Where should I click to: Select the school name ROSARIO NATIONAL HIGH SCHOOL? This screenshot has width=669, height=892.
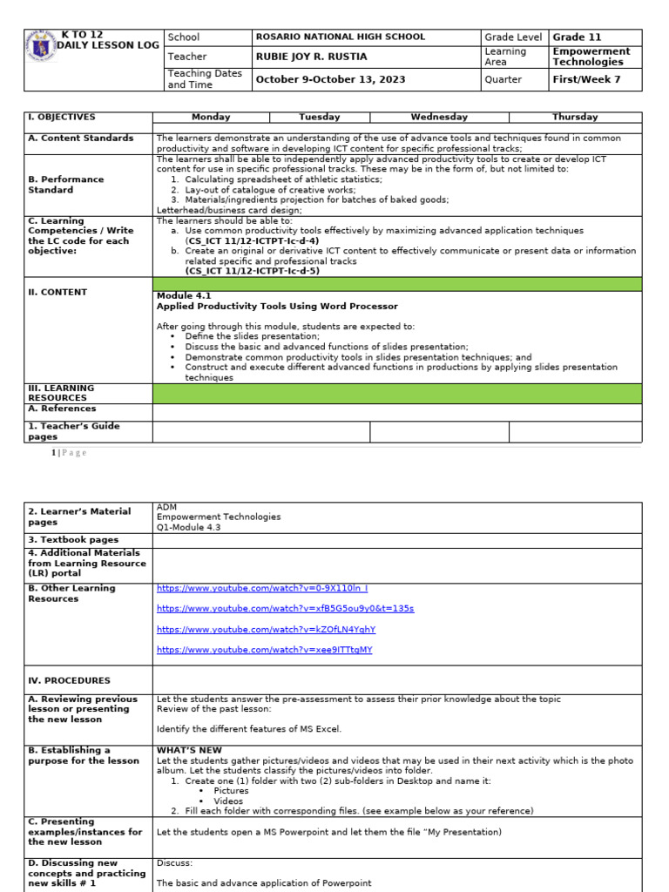click(x=341, y=37)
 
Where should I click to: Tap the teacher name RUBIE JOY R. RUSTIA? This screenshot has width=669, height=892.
click(x=311, y=57)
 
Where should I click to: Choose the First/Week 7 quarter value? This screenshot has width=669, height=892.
click(x=582, y=79)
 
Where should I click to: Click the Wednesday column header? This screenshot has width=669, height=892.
click(x=439, y=117)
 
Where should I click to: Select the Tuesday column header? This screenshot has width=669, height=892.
click(x=319, y=117)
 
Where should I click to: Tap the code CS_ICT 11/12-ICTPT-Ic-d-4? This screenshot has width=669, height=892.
click(x=252, y=240)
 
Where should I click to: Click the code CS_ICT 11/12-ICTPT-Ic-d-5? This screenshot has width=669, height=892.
click(x=252, y=271)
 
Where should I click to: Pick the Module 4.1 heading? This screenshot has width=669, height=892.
click(x=181, y=296)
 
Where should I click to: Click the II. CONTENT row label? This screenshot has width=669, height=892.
click(x=57, y=293)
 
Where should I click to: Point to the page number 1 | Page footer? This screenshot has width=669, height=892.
click(x=69, y=453)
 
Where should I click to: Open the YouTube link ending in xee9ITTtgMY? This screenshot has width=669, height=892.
click(x=264, y=650)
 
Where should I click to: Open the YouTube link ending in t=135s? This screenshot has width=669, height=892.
click(x=285, y=609)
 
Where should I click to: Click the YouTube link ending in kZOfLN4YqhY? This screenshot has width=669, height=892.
click(x=266, y=629)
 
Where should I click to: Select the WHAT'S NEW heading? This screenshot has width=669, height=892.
click(x=189, y=750)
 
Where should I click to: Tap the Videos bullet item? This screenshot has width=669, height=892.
click(x=228, y=801)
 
